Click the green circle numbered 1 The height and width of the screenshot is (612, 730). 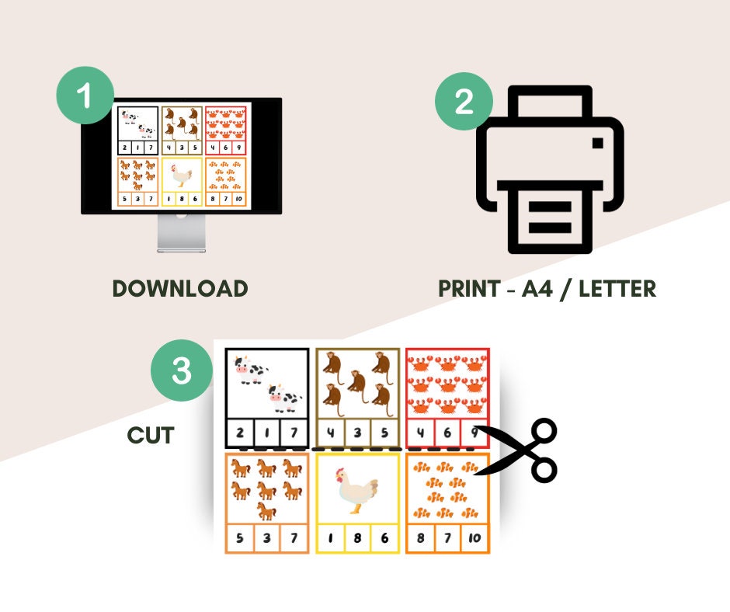tap(85, 96)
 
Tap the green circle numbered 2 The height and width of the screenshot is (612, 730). tap(464, 101)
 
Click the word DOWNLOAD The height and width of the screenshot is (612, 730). tap(180, 289)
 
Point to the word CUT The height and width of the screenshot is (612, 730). tap(151, 436)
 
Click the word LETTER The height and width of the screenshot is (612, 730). tap(611, 289)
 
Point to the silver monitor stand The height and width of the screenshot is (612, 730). tap(181, 232)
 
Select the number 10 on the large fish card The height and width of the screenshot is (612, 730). tap(474, 538)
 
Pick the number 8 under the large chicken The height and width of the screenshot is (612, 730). tap(358, 538)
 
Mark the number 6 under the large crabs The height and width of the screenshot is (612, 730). tap(447, 433)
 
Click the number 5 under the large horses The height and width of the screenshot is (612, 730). tap(239, 538)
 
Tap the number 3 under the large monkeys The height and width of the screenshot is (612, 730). tap(358, 433)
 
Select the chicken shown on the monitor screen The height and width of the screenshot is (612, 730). tap(182, 177)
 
